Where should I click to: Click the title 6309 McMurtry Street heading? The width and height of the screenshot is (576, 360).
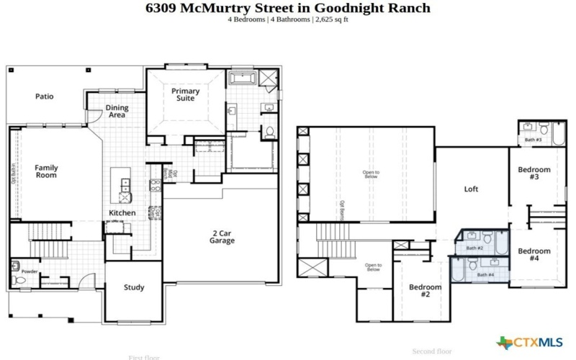point(288,8)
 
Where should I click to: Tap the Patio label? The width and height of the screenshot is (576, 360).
point(45,96)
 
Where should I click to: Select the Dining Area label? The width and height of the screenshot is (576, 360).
point(117,112)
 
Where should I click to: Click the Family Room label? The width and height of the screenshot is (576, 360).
point(47,171)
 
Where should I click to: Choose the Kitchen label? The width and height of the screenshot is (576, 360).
point(122,213)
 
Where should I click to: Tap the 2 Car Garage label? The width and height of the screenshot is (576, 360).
point(223,237)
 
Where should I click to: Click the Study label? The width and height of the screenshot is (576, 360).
point(134,287)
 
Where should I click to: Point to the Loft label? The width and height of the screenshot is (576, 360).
point(472,189)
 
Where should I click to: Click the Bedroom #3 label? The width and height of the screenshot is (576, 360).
point(534,174)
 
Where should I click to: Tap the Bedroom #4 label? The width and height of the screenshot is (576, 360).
point(534,255)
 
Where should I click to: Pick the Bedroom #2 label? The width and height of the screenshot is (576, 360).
point(425,291)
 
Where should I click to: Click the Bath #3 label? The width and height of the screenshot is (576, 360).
point(534,140)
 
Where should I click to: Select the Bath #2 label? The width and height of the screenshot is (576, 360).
point(474,248)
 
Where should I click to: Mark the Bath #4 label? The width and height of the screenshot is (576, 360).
point(486,275)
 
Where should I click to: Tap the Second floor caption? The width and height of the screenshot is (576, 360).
point(432,351)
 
